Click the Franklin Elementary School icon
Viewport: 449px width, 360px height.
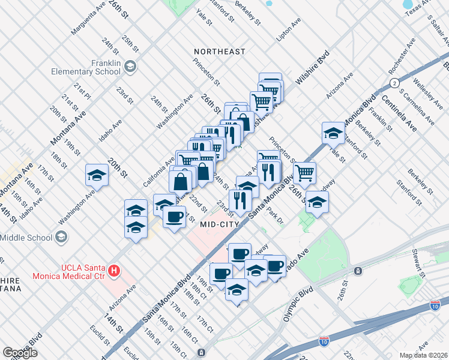click(x=130, y=67)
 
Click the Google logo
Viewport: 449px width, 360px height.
click(x=20, y=353)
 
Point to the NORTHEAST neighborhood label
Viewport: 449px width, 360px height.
click(x=219, y=52)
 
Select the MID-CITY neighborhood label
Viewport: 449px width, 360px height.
click(x=220, y=224)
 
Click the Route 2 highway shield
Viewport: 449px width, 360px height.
click(x=394, y=82)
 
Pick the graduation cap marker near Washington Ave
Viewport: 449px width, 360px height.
click(x=97, y=175)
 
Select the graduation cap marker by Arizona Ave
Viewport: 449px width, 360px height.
click(x=333, y=133)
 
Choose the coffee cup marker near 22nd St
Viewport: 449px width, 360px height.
click(x=174, y=217)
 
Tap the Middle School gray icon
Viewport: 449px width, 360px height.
click(x=61, y=238)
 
